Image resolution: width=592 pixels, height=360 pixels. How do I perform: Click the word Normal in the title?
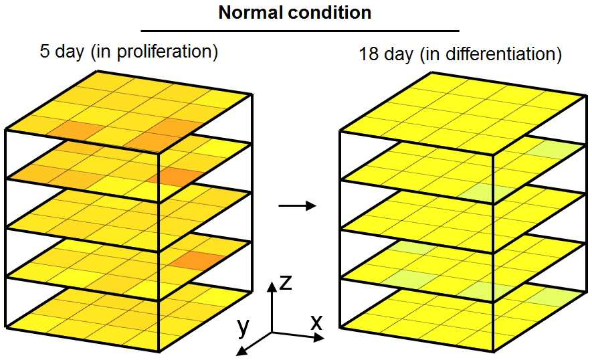tap(251, 13)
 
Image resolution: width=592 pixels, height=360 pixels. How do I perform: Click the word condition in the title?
tap(330, 13)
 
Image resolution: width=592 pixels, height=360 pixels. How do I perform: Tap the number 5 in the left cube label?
tap(45, 52)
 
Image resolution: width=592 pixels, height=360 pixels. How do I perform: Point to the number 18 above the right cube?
tap(369, 54)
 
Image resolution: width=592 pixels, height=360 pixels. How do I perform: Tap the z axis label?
tap(286, 282)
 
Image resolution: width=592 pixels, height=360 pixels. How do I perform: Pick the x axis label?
tap(316, 323)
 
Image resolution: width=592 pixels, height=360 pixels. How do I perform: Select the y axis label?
tap(243, 327)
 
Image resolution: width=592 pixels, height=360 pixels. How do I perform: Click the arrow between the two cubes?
tap(297, 205)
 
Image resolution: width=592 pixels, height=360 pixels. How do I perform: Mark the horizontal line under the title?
tap(300, 31)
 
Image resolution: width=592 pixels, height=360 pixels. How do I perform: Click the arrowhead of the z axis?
tap(272, 286)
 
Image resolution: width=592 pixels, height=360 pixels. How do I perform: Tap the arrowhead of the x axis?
tap(319, 338)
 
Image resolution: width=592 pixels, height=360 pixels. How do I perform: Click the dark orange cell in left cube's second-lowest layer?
tap(197, 260)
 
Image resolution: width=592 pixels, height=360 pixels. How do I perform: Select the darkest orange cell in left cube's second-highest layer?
tap(175, 177)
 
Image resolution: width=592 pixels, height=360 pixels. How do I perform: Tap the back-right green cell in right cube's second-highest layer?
tap(552, 151)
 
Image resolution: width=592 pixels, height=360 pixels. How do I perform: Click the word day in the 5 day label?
tap(70, 52)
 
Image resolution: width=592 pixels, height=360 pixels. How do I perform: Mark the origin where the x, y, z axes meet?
tap(272, 333)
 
